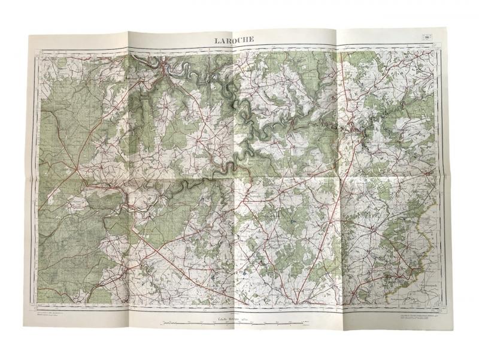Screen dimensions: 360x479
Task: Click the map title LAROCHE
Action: point(235,40)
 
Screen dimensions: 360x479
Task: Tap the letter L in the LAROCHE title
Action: point(217,40)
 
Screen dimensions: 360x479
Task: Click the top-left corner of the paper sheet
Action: point(28,35)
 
